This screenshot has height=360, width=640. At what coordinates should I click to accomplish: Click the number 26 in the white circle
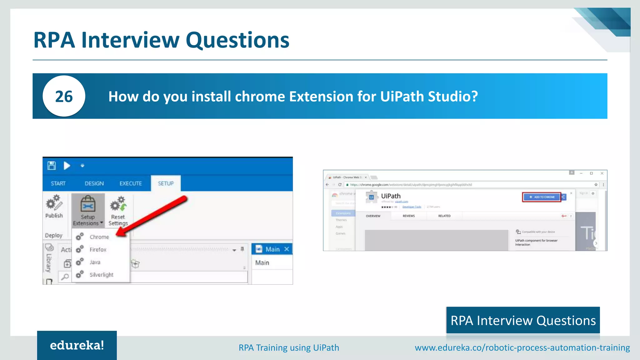coord(64,97)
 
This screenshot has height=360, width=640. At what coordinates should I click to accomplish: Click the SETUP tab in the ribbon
coord(166,183)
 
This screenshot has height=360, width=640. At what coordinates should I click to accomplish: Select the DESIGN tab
coord(94,183)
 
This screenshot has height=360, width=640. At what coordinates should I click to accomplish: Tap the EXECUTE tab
coord(131,183)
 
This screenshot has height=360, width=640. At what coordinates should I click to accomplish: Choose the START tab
coord(58,183)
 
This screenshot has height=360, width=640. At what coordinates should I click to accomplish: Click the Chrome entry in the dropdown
coord(99,237)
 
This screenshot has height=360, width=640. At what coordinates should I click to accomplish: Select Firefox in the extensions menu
coord(98,249)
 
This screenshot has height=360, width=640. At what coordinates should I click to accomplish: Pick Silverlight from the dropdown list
coord(101,275)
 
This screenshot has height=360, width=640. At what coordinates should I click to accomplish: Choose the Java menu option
coord(95,262)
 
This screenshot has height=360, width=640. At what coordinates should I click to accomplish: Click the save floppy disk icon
coord(52,165)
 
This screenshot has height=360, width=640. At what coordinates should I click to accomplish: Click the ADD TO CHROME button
coord(542,197)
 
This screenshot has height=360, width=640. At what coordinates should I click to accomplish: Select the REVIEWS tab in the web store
coord(408,216)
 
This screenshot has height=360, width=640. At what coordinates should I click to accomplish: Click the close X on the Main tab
coord(287,249)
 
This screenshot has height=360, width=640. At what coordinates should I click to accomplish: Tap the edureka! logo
coord(77,345)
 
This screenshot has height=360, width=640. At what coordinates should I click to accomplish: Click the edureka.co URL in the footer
coord(522,347)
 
